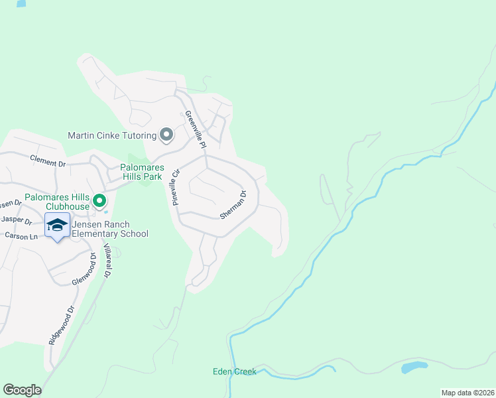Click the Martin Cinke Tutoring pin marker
point(166,135)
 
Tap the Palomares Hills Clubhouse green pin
point(99,200)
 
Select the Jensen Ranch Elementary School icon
point(58,226)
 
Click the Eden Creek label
point(234,371)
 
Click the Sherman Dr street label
point(234,205)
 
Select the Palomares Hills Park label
point(141,172)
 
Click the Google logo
point(22,390)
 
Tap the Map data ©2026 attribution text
point(467,393)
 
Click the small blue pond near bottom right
point(414,367)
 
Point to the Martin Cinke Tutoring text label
point(112,135)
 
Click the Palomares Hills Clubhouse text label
point(56,202)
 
